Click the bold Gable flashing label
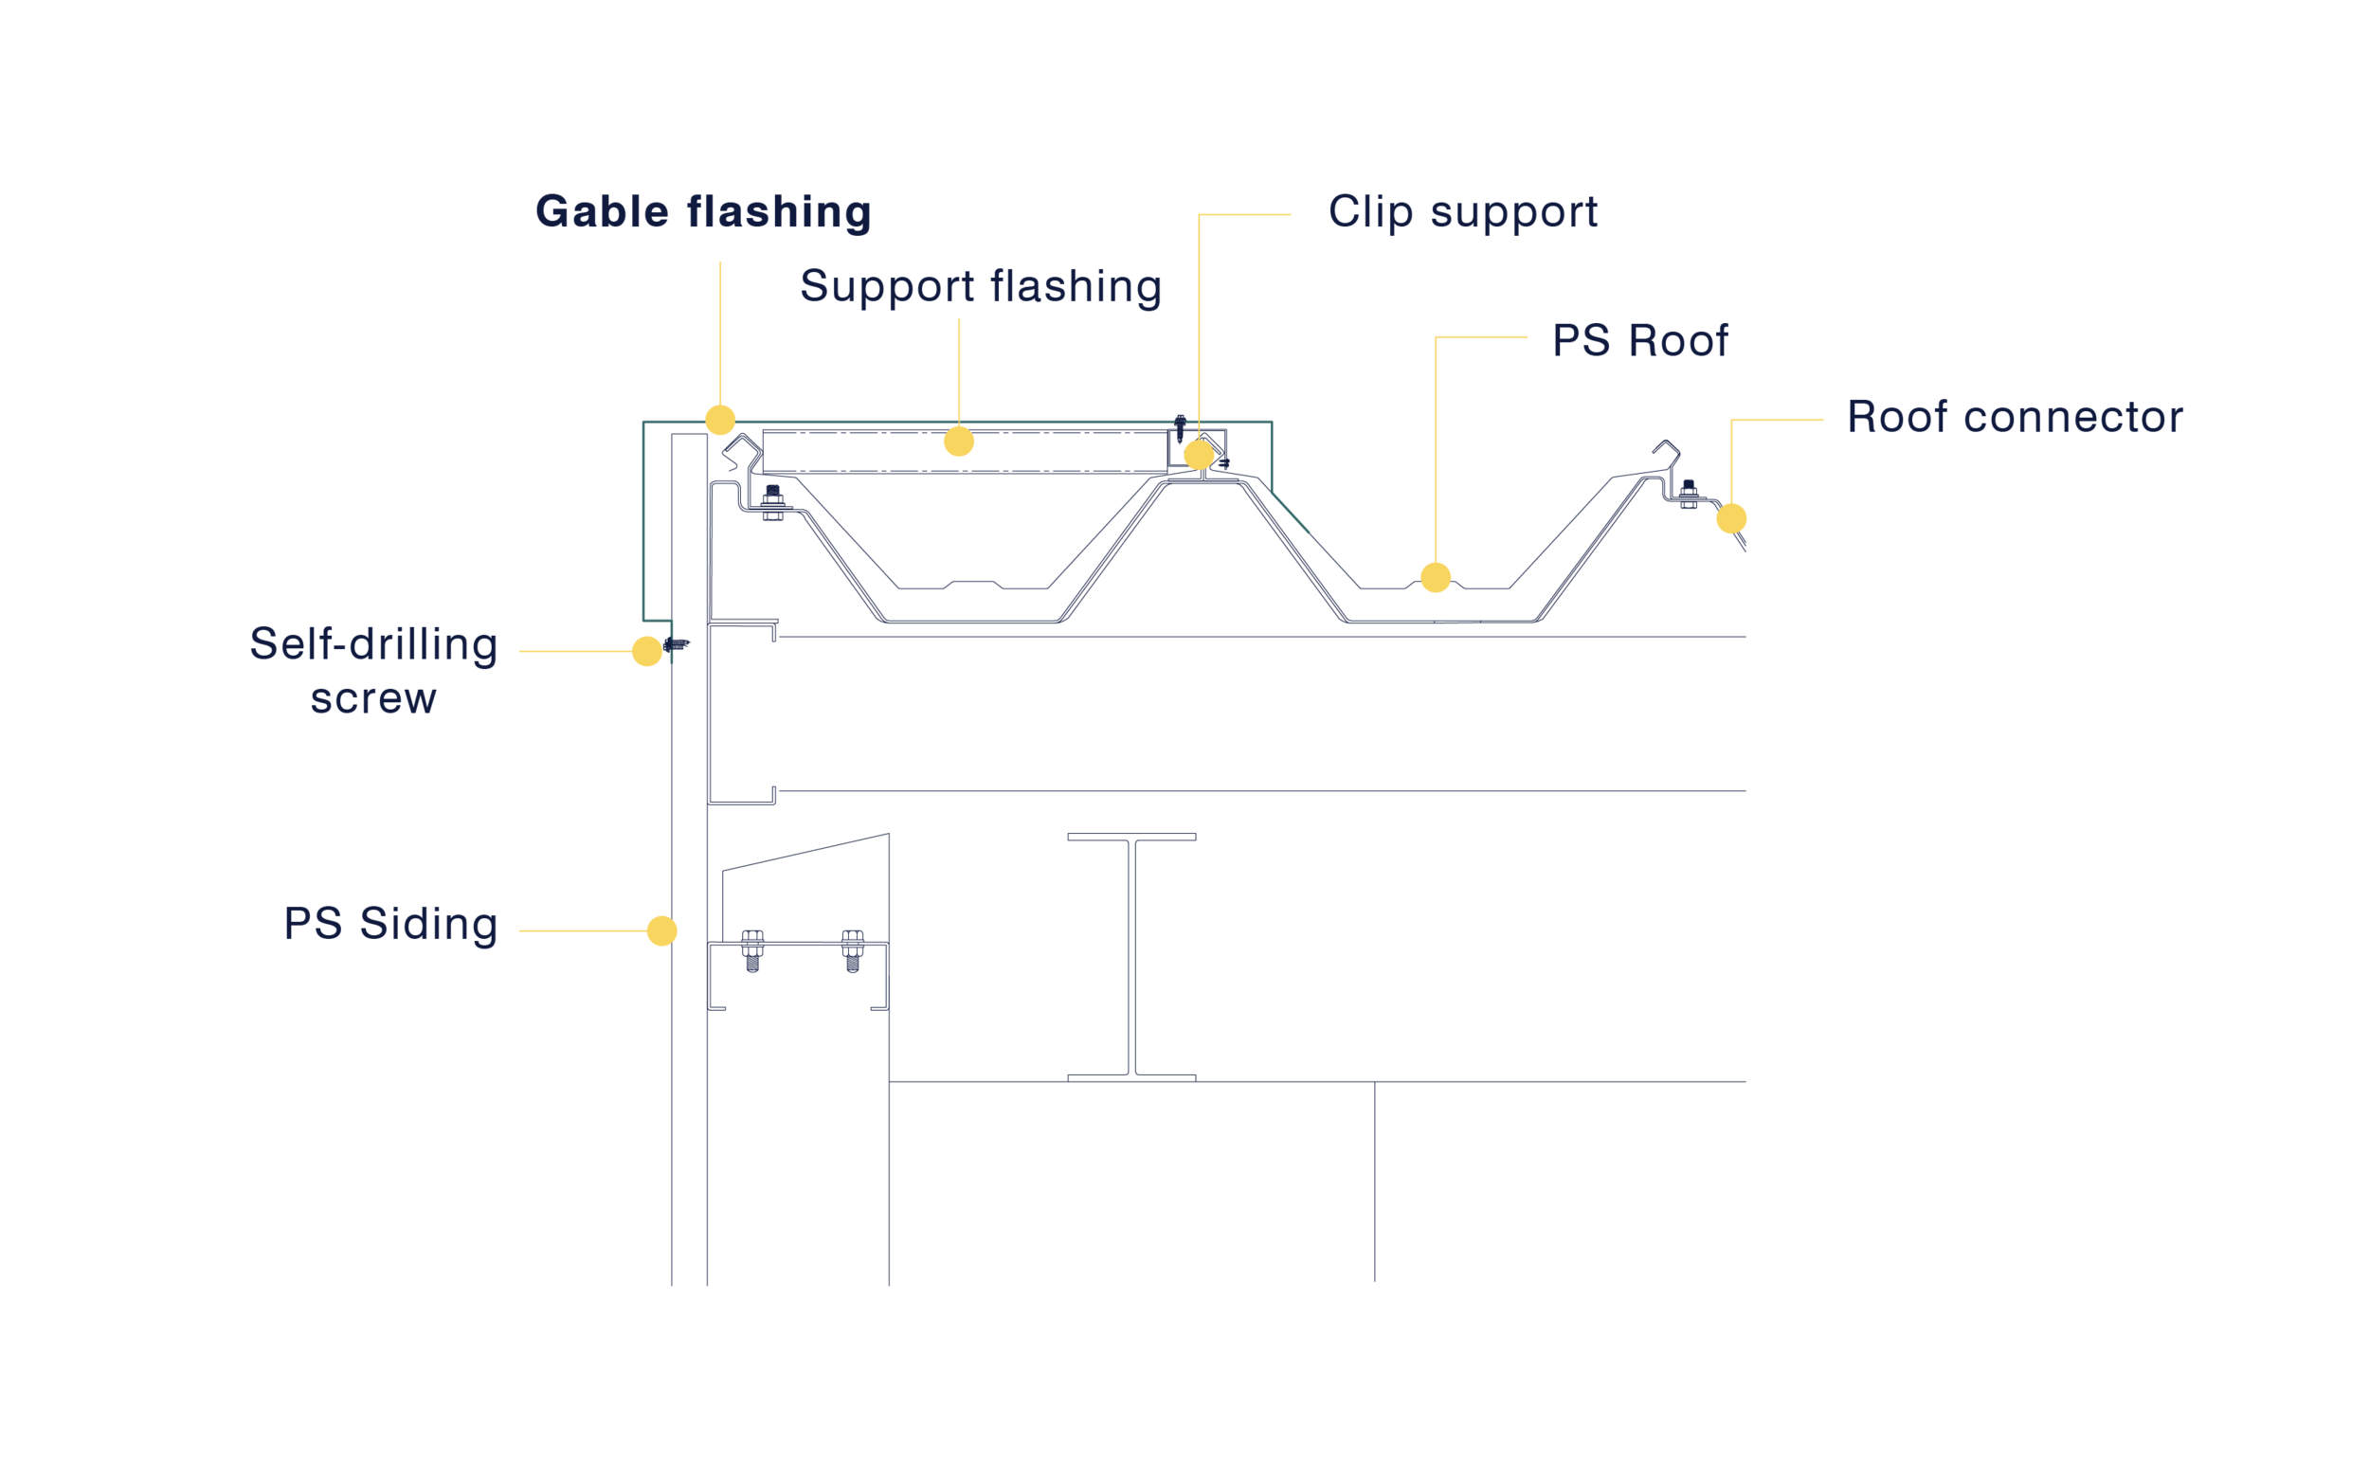[703, 212]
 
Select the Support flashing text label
[981, 287]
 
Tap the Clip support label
[1462, 212]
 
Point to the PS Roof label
[1639, 341]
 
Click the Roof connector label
[2015, 417]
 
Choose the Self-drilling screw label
[374, 672]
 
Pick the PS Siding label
[390, 924]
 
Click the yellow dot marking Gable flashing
[720, 420]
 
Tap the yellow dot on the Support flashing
[959, 442]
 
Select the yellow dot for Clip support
[1199, 455]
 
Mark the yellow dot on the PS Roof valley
[1436, 578]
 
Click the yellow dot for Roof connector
[1731, 519]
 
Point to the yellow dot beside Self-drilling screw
[647, 651]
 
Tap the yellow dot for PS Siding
[661, 930]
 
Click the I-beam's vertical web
[1131, 957]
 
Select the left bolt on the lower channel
[752, 950]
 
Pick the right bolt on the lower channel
[853, 950]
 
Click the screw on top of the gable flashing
[1181, 427]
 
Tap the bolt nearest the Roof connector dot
[1689, 495]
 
